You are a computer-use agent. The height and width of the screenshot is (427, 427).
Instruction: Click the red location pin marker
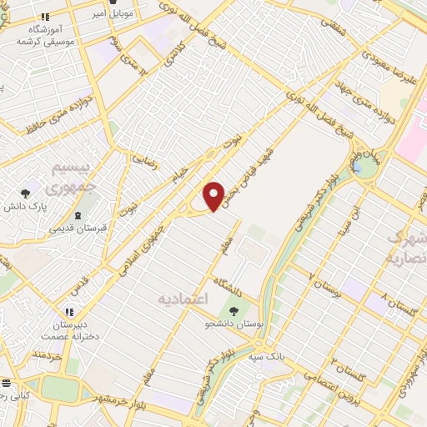[214, 195]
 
